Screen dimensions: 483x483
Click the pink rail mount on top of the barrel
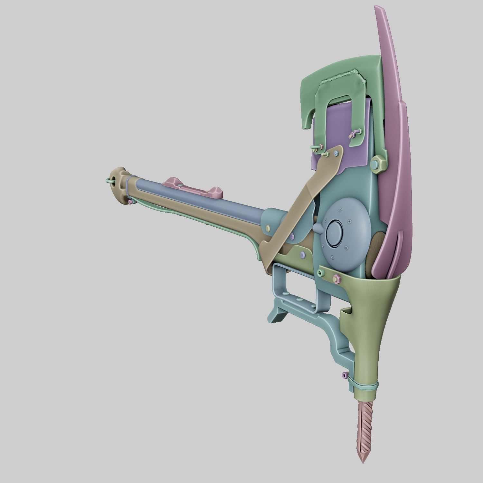pyautogui.click(x=193, y=187)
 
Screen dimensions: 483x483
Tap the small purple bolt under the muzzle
pyautogui.click(x=130, y=202)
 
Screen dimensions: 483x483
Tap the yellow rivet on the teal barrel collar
pyautogui.click(x=268, y=228)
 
